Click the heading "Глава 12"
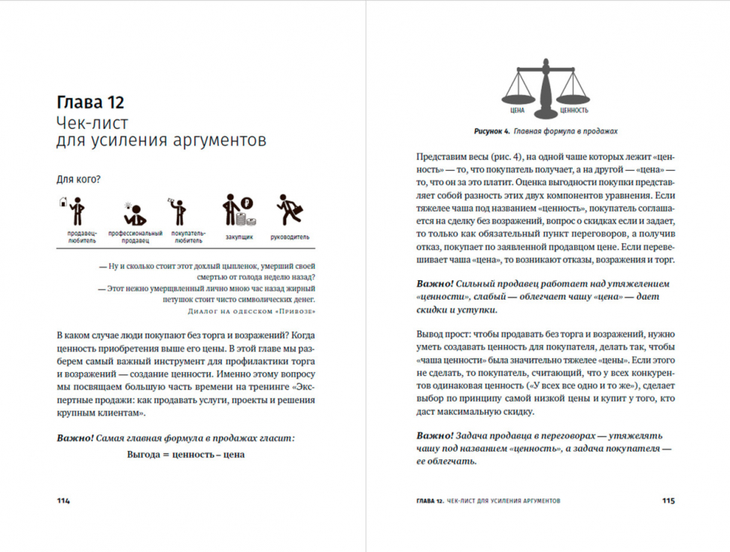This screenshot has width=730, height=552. click(90, 102)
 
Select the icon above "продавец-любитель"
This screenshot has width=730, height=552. click(75, 212)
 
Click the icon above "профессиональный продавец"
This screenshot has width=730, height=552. click(134, 212)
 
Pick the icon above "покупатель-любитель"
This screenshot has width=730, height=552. click(178, 212)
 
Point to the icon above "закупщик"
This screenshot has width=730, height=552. click(238, 211)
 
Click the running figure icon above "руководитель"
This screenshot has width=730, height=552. click(289, 211)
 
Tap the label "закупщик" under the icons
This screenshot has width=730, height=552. click(239, 236)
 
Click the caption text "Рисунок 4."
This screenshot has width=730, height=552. click(492, 131)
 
